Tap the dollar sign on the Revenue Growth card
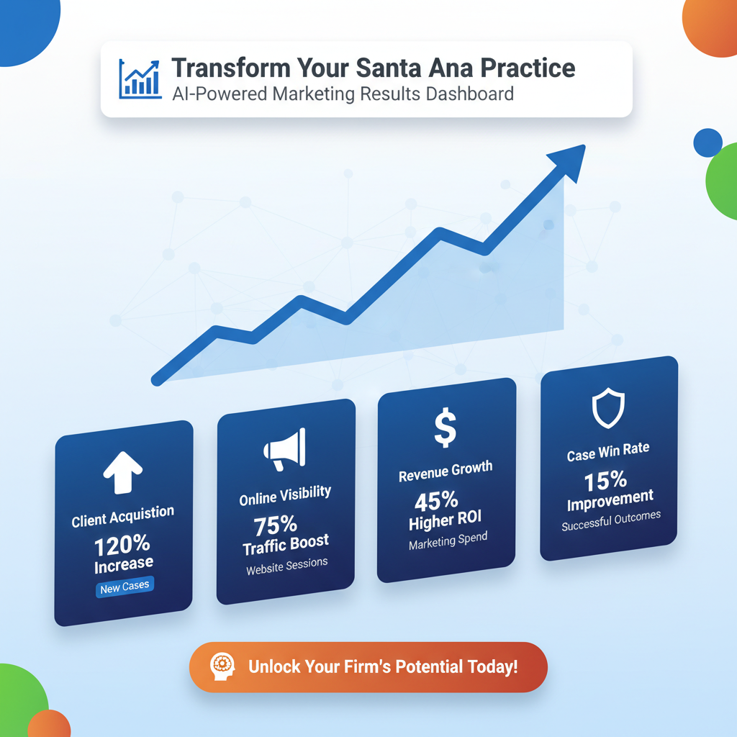tap(445, 429)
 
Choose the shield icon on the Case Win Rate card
tap(607, 409)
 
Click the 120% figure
tap(122, 543)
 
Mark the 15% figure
tap(605, 479)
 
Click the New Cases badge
tap(125, 587)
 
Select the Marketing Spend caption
tap(448, 541)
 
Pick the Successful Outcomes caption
tap(610, 520)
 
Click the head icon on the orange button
tap(219, 666)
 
